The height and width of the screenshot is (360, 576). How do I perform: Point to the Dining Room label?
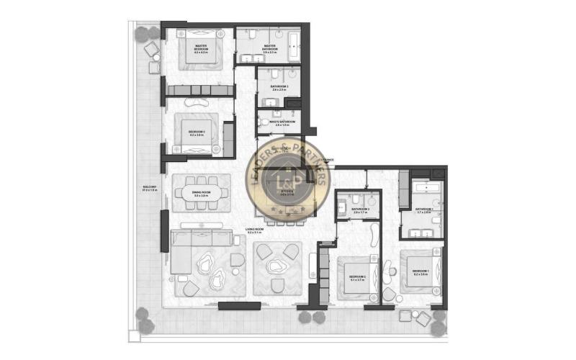[x=201, y=193]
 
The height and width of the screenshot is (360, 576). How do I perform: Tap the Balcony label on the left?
[x=150, y=188]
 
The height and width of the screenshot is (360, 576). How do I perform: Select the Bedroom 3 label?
[x=197, y=132]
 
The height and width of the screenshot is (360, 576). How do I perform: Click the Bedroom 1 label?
[x=421, y=274]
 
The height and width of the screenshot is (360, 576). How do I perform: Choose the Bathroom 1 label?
[x=423, y=212]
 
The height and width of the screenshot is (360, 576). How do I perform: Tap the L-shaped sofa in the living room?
[x=189, y=252]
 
